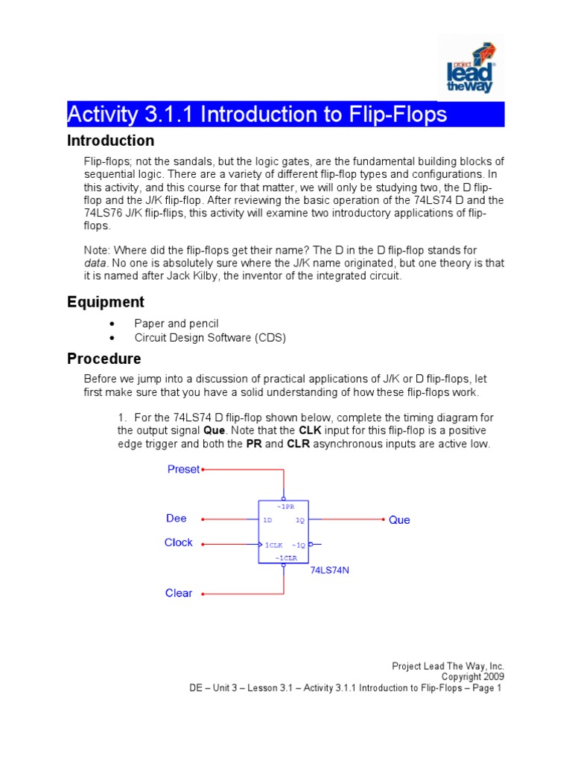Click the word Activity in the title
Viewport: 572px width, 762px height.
(x=103, y=115)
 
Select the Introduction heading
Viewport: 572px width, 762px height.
(x=110, y=141)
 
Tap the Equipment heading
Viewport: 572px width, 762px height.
(x=106, y=302)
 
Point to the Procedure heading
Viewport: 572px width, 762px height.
(x=104, y=359)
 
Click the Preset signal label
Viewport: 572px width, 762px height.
(x=183, y=470)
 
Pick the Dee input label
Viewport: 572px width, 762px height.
(x=177, y=519)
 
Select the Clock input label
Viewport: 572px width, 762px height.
(x=179, y=542)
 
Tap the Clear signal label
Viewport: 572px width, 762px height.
(x=179, y=593)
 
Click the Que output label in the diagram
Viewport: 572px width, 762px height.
(x=399, y=520)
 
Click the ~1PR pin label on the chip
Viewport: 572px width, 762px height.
(x=285, y=506)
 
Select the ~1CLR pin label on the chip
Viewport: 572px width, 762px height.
(x=284, y=557)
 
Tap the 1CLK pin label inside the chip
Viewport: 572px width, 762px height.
(x=273, y=545)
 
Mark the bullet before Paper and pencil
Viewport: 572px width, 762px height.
(x=111, y=324)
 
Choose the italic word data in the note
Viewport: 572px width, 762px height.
(x=95, y=263)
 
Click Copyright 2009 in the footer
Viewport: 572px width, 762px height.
(x=472, y=677)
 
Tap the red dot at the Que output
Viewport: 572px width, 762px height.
(x=384, y=519)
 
